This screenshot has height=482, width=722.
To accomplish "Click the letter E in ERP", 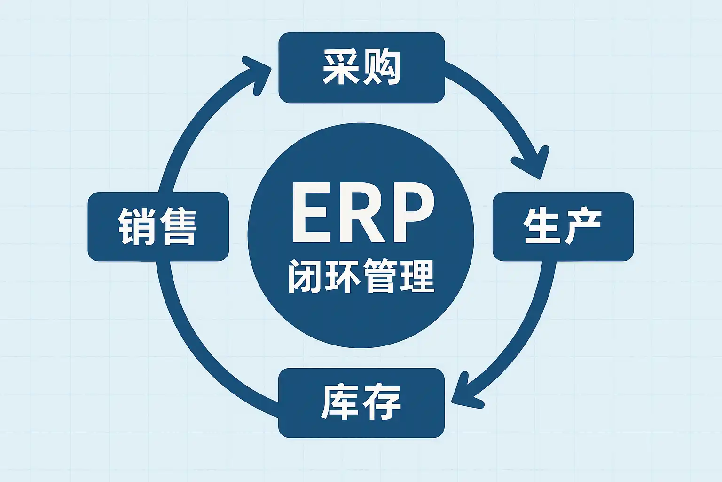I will [311, 213].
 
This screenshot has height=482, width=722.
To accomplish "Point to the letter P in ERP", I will [410, 213].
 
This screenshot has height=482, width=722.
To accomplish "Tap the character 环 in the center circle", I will [342, 276].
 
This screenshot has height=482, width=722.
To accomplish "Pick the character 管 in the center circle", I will [379, 276].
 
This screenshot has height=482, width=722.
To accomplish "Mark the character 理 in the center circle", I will [416, 276].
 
